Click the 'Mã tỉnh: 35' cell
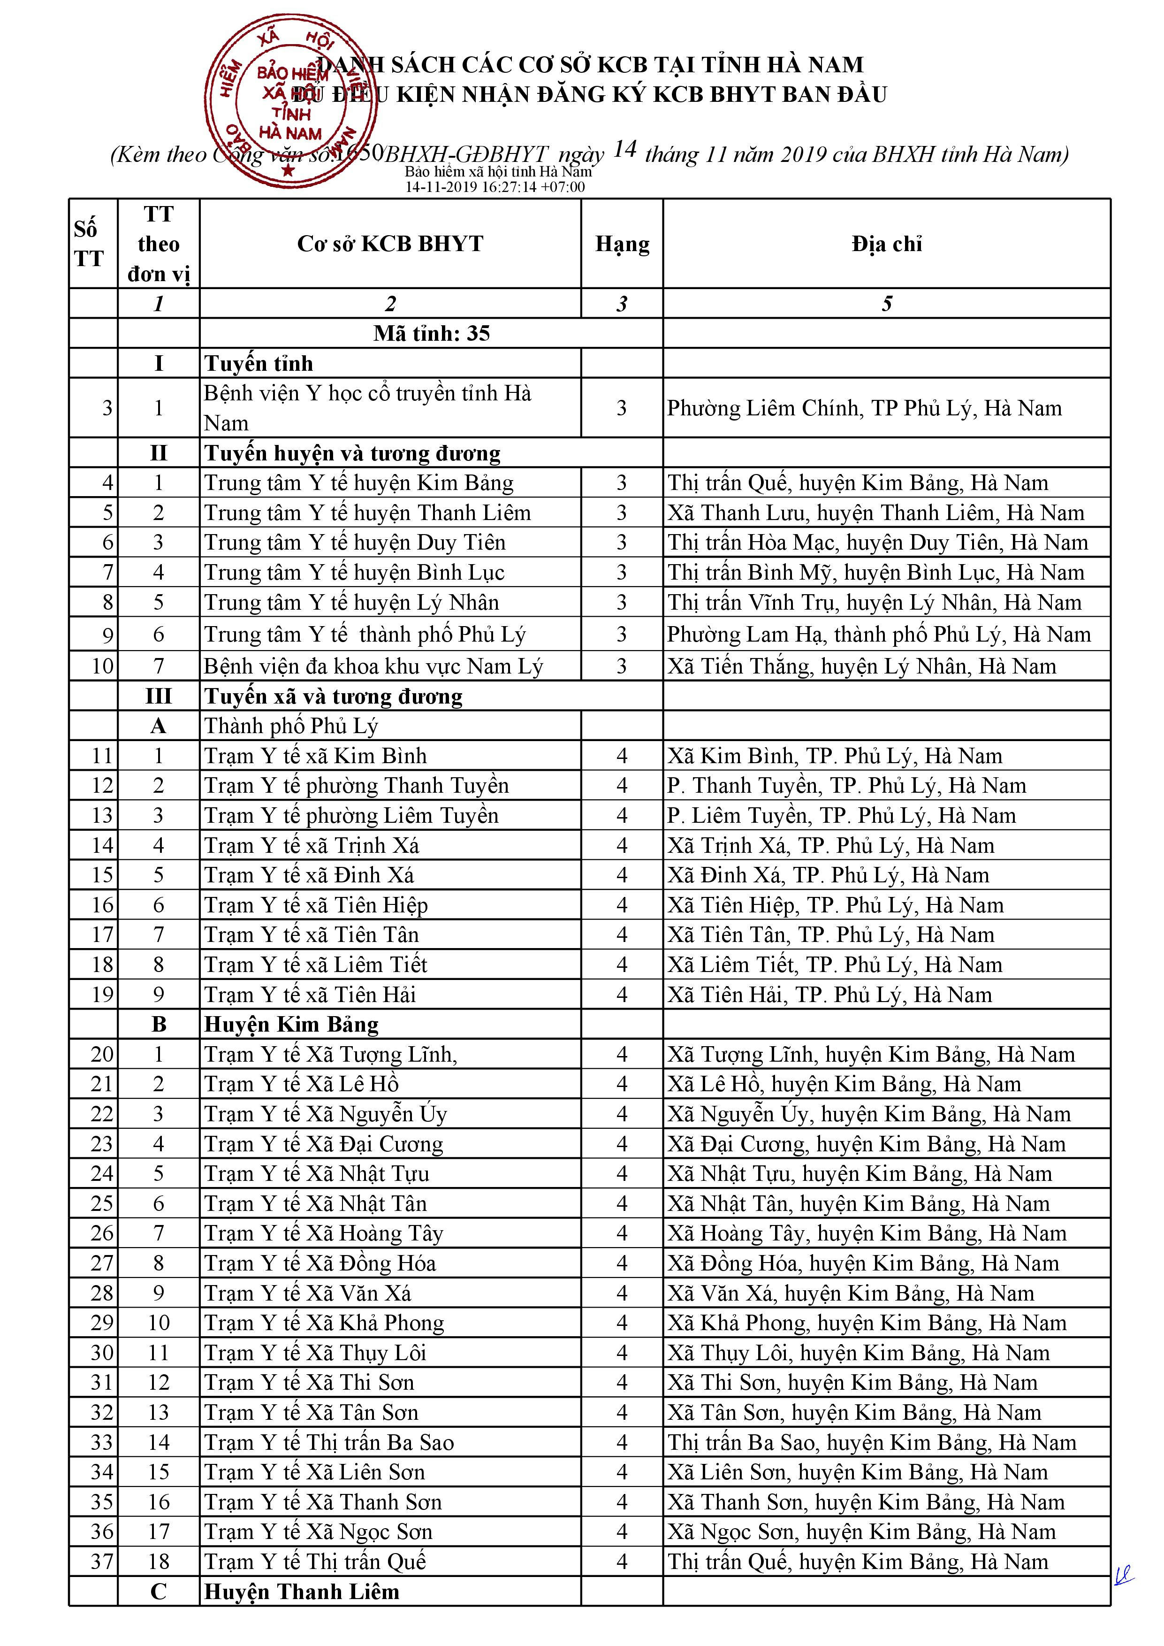(432, 333)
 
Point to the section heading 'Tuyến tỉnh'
(259, 363)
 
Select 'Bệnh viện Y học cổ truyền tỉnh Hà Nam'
(367, 408)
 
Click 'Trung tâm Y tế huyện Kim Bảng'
(358, 483)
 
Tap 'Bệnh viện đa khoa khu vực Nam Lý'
(373, 667)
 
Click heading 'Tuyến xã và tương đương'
(333, 697)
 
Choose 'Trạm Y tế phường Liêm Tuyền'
(351, 816)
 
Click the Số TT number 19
(102, 995)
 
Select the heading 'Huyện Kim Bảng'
(291, 1025)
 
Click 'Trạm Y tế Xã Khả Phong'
(324, 1324)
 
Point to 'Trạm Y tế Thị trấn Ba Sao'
(329, 1442)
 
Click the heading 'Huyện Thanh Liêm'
(301, 1592)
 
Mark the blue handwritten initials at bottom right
(1124, 1575)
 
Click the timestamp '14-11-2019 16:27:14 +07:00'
(495, 187)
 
